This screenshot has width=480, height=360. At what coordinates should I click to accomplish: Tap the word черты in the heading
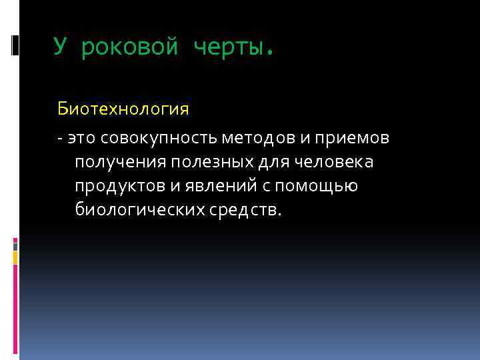(228, 47)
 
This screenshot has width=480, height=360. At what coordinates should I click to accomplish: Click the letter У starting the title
(61, 47)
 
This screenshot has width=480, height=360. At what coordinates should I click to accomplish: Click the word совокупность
(159, 138)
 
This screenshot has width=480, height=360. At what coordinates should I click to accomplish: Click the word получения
(120, 162)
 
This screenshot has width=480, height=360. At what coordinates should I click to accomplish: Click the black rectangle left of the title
(15, 45)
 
